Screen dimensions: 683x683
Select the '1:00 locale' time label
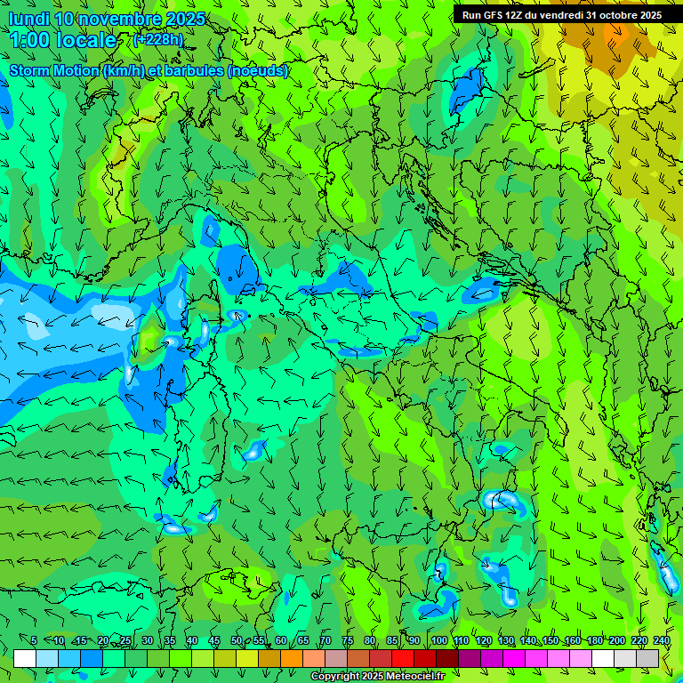tap(64, 40)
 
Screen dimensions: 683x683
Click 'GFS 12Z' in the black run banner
tap(502, 15)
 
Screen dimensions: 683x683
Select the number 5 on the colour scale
tap(34, 641)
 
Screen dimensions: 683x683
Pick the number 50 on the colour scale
tap(236, 641)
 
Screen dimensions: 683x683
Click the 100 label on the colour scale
tap(438, 641)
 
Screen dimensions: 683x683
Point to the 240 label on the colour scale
tap(662, 641)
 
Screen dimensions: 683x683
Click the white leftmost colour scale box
tap(25, 658)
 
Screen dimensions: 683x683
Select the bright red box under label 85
tap(403, 658)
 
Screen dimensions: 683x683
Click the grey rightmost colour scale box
tap(647, 658)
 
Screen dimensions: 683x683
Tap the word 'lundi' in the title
tap(28, 20)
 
